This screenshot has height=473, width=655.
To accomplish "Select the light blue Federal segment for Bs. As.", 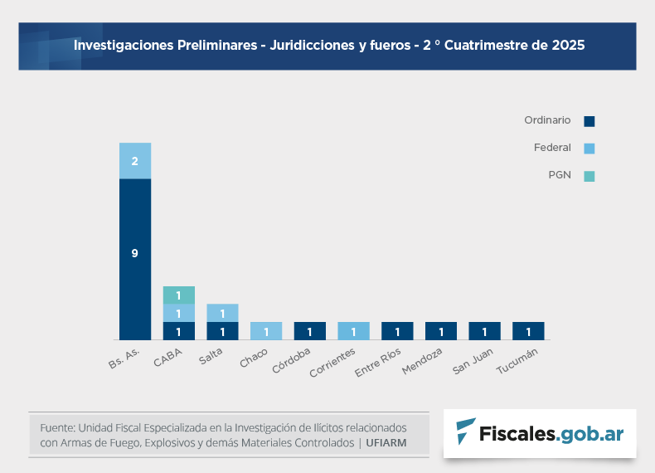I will point(134,161).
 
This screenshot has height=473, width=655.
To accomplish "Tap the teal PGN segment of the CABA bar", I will point(178,295).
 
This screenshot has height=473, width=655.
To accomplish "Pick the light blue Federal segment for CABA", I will point(178,313).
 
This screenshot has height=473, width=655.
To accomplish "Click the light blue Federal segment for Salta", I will point(222,313).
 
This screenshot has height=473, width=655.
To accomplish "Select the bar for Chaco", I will point(266,331).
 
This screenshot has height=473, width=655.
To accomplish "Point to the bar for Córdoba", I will point(310,331).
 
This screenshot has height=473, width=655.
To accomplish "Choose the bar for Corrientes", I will point(354,331).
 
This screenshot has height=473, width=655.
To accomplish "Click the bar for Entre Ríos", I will point(397,331).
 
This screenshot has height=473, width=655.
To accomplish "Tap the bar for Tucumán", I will point(528,331).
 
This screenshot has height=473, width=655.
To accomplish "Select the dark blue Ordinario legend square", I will point(589,121).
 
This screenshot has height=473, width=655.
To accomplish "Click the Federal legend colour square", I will point(589,149).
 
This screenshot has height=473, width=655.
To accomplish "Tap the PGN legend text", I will point(560,175).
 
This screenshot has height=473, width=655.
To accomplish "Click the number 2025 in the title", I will point(567,46).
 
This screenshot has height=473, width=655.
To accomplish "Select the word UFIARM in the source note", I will point(386,443).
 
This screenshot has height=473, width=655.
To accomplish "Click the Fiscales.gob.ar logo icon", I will point(466,432).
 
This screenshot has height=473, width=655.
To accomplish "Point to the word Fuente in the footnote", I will point(56,427).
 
